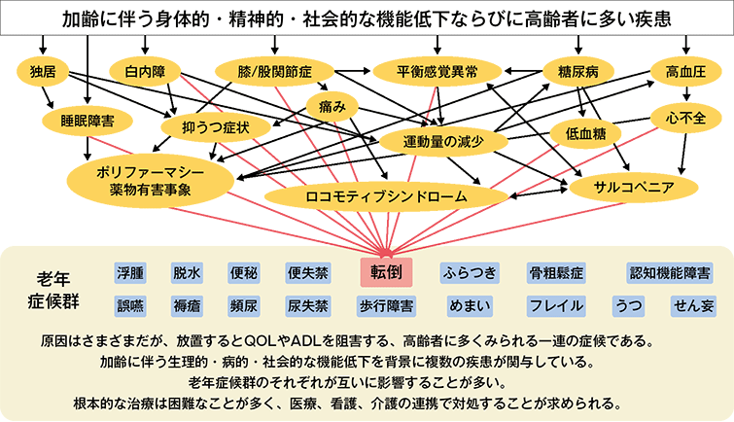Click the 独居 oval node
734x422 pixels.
tap(43, 71)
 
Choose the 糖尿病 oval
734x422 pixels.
tap(578, 71)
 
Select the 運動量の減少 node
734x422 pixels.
tap(443, 141)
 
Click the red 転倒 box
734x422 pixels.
tap(387, 271)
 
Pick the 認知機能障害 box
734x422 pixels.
tap(668, 272)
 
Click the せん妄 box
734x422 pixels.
tap(694, 305)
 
